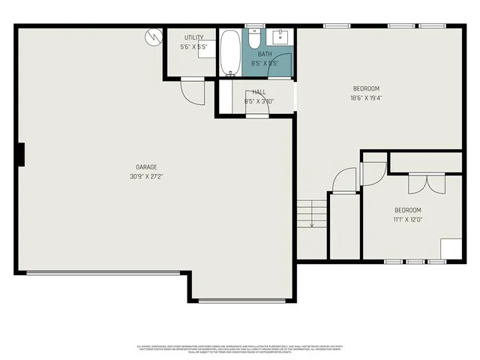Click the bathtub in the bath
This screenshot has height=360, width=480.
pos(229,52)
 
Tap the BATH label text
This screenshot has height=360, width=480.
pos(265,54)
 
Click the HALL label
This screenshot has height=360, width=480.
pos(259,91)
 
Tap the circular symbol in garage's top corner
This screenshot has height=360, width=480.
pos(154,35)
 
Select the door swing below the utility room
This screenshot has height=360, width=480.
pos(192,91)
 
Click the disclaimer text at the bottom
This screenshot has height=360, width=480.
pos(240,349)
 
